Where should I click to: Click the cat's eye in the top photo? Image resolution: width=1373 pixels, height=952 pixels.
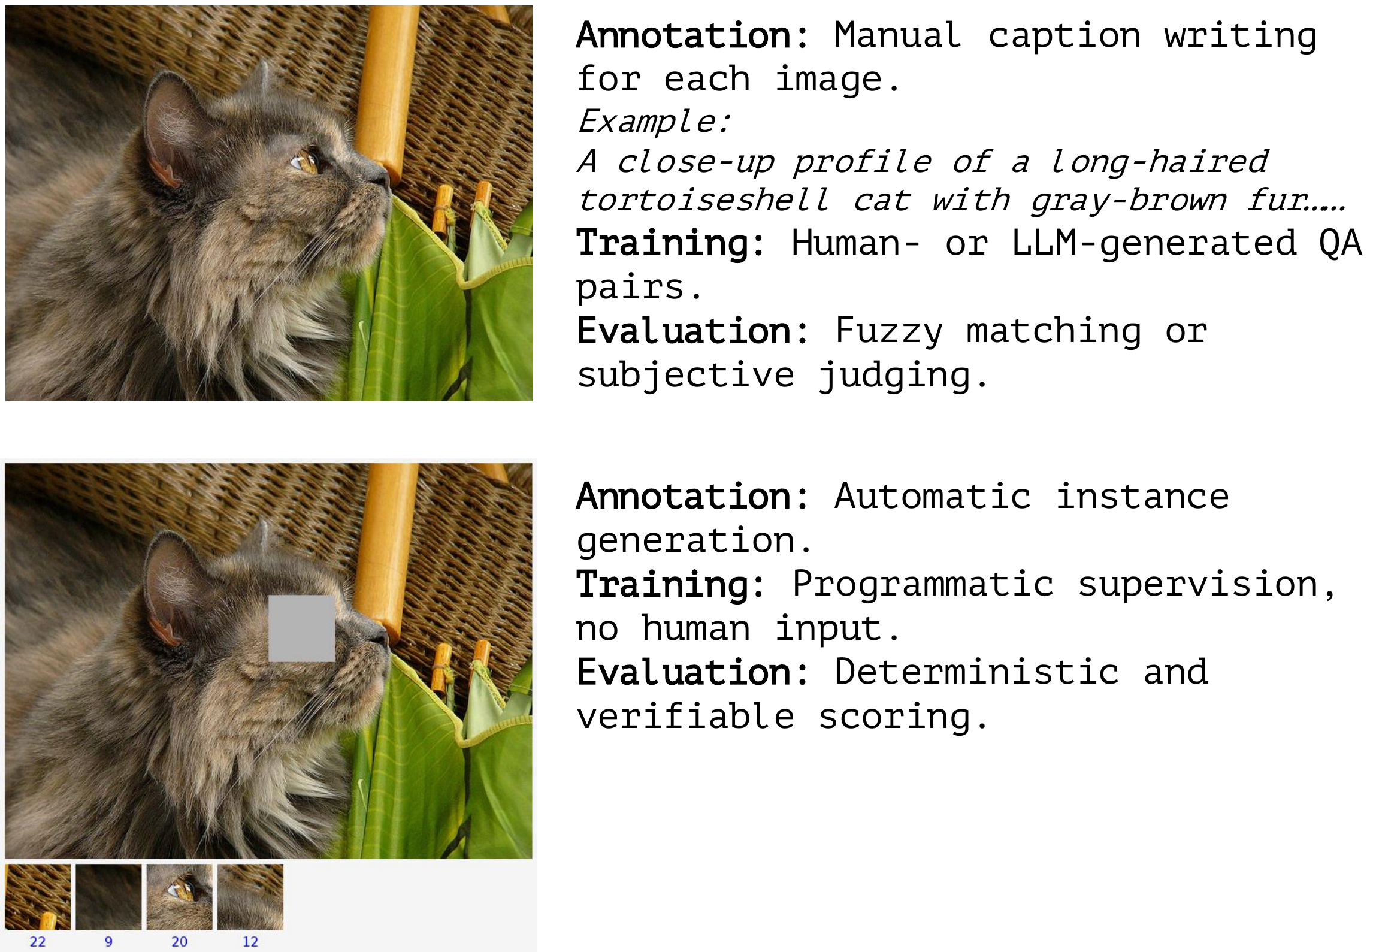pyautogui.click(x=306, y=162)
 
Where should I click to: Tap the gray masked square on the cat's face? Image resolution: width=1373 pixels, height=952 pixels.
pyautogui.click(x=301, y=628)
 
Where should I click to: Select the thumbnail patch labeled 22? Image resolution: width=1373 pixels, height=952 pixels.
pyautogui.click(x=38, y=897)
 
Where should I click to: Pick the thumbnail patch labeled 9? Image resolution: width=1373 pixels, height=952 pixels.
pyautogui.click(x=108, y=897)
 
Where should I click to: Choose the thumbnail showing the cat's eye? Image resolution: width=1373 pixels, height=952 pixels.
pyautogui.click(x=180, y=897)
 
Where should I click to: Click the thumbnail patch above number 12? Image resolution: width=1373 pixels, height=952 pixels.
pyautogui.click(x=250, y=897)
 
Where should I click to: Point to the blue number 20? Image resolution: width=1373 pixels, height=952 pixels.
pyautogui.click(x=180, y=941)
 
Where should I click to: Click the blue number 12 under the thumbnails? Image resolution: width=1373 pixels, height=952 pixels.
pyautogui.click(x=250, y=941)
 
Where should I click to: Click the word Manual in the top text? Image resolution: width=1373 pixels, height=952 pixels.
pyautogui.click(x=897, y=35)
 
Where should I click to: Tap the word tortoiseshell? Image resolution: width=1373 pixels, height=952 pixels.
pyautogui.click(x=704, y=200)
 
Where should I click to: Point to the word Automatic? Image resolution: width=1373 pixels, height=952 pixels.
pyautogui.click(x=932, y=496)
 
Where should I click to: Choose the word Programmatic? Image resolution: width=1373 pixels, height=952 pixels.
pyautogui.click(x=923, y=584)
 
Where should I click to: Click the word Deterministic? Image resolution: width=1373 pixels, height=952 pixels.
pyautogui.click(x=976, y=672)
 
